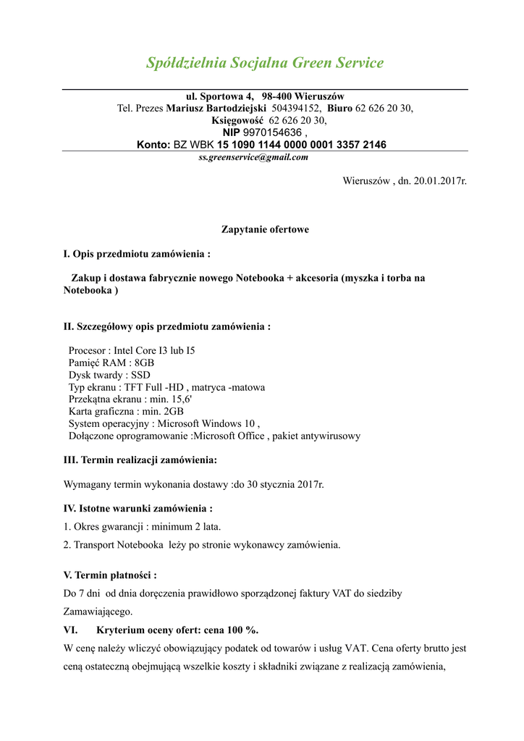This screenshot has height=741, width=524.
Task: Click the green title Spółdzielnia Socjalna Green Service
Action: coord(264,63)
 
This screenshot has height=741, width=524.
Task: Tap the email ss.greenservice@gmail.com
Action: coord(253,157)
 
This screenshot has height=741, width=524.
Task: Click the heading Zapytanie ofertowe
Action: coord(265,229)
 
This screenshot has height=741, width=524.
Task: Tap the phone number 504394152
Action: coord(296,109)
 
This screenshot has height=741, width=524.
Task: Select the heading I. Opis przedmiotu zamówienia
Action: coord(137,254)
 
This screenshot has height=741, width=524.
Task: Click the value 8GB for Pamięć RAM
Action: coord(144,363)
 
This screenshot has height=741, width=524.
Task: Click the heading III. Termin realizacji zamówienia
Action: coord(140,460)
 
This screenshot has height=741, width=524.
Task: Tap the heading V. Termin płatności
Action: coord(110,575)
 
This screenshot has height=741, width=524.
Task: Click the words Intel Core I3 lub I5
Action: coord(154,350)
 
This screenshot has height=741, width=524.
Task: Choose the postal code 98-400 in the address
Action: coord(276,96)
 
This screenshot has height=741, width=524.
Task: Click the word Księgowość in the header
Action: coord(237,121)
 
